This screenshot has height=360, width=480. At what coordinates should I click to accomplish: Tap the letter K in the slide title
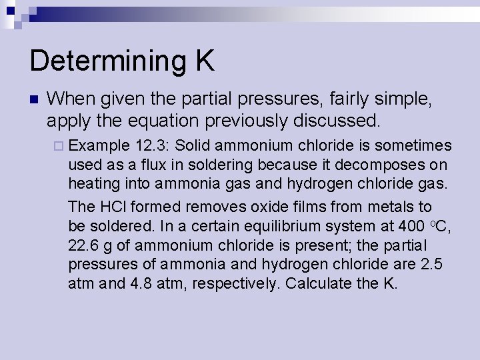(205, 61)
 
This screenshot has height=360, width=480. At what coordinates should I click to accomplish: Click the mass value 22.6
(83, 245)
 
